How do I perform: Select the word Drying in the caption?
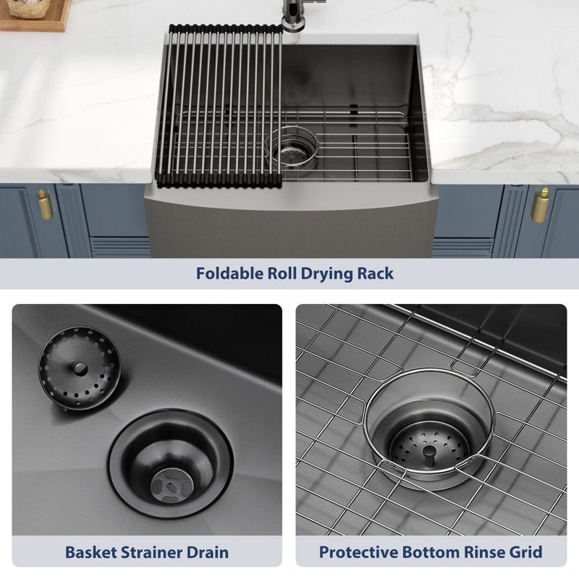coord(326,274)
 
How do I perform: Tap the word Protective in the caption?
coord(358,552)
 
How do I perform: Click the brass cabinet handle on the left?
coord(45,205)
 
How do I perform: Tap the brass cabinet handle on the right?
coord(540,206)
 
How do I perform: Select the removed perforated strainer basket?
coord(80,368)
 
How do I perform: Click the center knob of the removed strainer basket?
coord(80,368)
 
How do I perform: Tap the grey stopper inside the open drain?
coord(172,485)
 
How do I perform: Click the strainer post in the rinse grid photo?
coord(428,456)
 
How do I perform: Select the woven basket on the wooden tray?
coord(29,9)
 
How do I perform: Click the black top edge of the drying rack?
coord(226,29)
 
